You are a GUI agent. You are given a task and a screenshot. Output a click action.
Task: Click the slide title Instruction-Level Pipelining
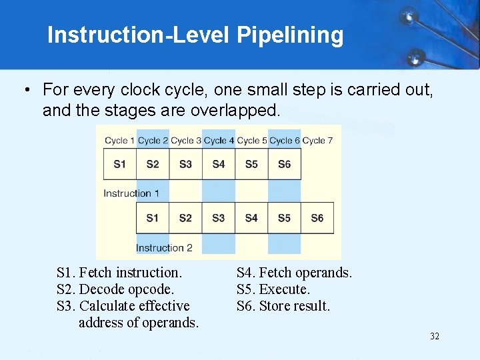point(195,35)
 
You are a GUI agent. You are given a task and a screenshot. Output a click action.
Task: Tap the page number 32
point(434,336)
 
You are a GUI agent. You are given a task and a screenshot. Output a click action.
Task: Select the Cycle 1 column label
point(119,141)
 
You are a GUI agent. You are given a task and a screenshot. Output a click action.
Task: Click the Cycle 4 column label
point(219,141)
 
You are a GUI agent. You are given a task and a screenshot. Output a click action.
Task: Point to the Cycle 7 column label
point(317,141)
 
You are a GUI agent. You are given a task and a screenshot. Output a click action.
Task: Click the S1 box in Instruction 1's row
point(119,164)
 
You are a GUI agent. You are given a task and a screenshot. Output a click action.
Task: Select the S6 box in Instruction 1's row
point(284,164)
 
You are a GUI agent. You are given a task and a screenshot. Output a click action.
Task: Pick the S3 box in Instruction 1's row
point(185,164)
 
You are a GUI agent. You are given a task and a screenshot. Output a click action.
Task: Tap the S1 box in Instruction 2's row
point(153,218)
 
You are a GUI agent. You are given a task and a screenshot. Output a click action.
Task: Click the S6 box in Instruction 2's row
point(317,218)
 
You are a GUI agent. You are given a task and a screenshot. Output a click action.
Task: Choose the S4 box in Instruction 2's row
point(251,218)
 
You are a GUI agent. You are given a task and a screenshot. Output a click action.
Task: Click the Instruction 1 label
point(131,193)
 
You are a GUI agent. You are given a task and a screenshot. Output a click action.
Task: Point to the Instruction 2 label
point(164,248)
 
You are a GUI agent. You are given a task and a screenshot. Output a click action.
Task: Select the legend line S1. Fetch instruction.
point(119,273)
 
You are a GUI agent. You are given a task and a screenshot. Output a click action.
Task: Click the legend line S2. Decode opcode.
point(115,289)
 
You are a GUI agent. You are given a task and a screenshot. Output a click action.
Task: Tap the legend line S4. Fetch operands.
point(294,273)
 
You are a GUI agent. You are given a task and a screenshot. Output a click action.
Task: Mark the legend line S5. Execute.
point(273,289)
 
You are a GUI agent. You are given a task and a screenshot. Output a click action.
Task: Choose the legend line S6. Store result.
point(283,306)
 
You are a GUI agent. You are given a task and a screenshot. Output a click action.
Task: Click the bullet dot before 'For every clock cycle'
point(25,90)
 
